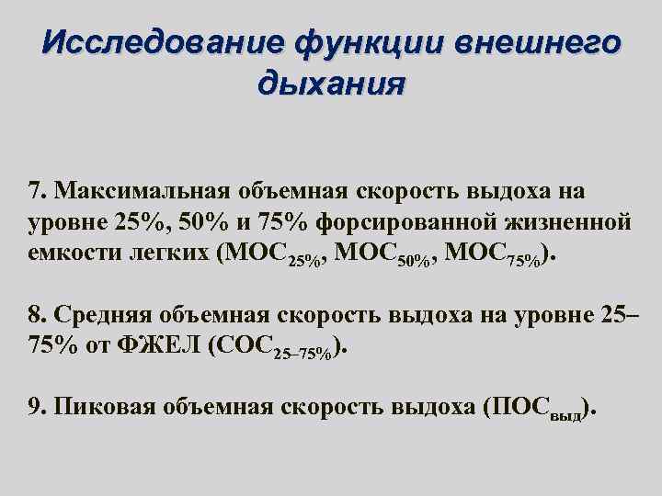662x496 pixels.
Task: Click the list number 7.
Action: [37, 189]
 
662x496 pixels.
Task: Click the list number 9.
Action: [37, 407]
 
